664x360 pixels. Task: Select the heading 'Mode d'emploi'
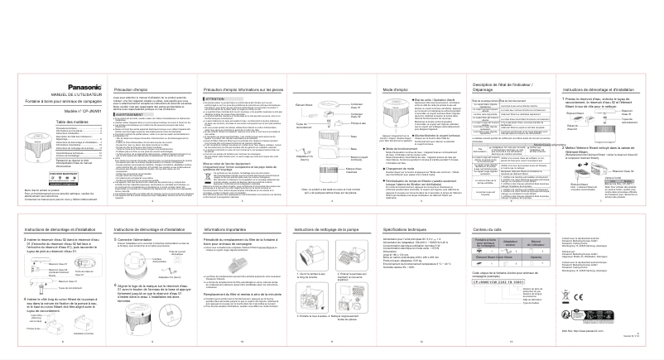[x=397, y=88]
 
